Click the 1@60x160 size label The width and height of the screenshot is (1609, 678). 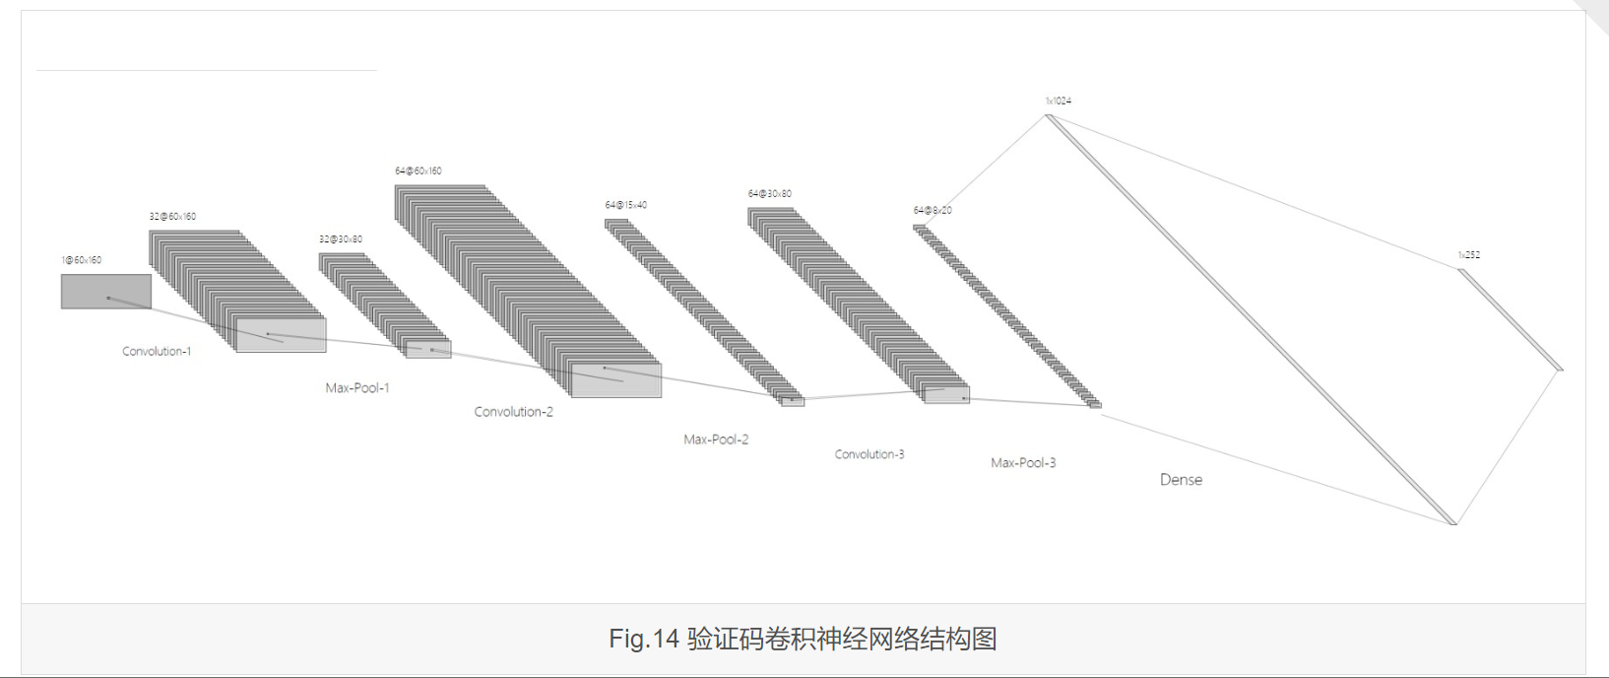point(81,260)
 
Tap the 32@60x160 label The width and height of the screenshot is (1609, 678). point(172,216)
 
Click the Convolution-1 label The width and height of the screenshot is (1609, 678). point(157,351)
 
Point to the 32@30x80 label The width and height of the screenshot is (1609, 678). point(341,239)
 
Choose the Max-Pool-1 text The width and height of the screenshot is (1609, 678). point(357,388)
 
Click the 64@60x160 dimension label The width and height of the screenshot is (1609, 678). point(418,170)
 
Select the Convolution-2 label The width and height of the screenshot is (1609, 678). point(513,412)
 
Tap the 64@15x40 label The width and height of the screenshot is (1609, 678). point(626,205)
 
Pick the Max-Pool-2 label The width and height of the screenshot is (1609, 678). point(716,440)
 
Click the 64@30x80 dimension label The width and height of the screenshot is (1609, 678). point(770,193)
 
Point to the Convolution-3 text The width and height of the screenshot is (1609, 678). point(869,454)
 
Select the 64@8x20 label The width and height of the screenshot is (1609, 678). point(933,210)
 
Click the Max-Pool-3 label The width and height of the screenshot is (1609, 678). point(1023,462)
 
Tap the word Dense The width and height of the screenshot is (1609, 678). point(1181,480)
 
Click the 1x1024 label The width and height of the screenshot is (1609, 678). point(1059,101)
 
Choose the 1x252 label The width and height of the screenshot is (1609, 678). point(1469,254)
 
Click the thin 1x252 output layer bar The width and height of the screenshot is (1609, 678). point(1510,319)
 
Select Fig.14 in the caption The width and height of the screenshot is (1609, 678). point(644,639)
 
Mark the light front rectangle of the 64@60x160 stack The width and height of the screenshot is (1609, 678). point(616,380)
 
